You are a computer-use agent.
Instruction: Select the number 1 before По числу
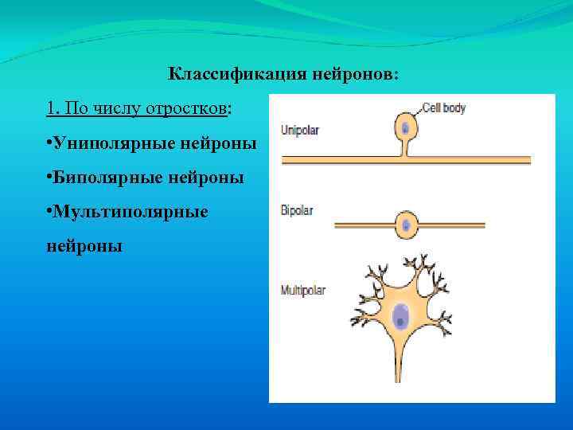[x=51, y=107]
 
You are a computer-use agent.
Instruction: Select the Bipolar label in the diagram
[x=297, y=211]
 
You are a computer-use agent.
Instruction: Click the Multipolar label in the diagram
[x=303, y=291]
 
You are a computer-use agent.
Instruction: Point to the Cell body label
[x=443, y=108]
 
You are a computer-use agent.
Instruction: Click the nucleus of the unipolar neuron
[x=406, y=127]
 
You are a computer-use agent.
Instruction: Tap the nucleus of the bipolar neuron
[x=406, y=225]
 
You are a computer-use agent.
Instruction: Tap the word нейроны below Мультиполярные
[x=84, y=247]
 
